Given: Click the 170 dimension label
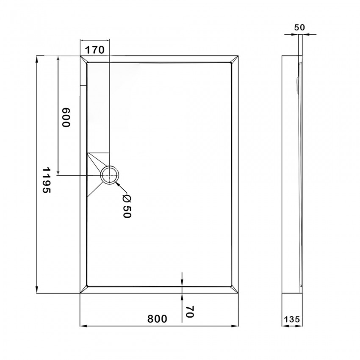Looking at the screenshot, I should tap(94, 50).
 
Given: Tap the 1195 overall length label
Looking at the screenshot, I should tap(46, 180).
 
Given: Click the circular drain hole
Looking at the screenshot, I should tap(110, 174).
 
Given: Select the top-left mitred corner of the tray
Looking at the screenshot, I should tap(83, 59).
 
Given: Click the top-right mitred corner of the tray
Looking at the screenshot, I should tap(234, 59).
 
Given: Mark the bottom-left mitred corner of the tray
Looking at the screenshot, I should tap(83, 289).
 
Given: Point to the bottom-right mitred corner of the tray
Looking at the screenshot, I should tap(234, 289).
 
